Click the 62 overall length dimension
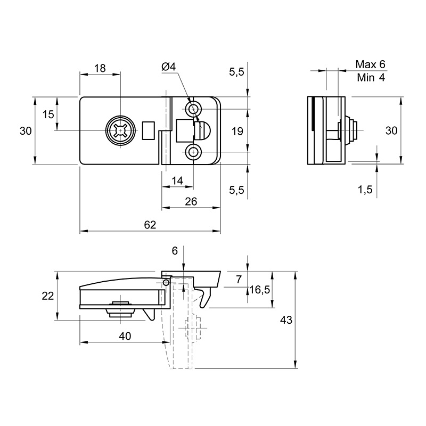click(150, 225)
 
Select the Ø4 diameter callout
click(169, 67)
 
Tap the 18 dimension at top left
click(100, 68)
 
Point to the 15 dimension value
click(48, 114)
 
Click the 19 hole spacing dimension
click(237, 131)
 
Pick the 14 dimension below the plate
click(178, 181)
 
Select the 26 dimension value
click(191, 202)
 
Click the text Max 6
click(370, 64)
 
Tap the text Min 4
click(371, 77)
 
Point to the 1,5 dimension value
click(365, 190)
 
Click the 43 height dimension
click(286, 320)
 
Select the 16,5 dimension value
click(260, 290)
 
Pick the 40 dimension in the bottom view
click(125, 336)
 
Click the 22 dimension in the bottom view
click(47, 296)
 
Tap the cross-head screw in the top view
click(120, 130)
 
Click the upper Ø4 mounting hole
click(193, 110)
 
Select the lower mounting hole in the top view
click(193, 152)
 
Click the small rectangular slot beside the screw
click(149, 130)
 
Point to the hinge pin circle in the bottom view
click(166, 283)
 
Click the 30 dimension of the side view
click(391, 130)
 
